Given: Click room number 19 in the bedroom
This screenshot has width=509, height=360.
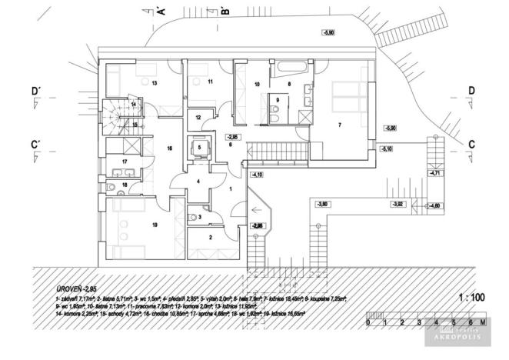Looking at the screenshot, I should (155, 225).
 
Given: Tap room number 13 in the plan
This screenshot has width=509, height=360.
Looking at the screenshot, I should (154, 82).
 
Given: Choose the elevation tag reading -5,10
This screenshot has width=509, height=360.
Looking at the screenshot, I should (388, 148).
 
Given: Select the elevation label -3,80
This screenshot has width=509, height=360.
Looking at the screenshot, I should (322, 204).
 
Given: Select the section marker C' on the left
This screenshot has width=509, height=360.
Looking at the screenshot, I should (35, 144).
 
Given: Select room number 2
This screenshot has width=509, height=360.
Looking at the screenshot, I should (211, 238).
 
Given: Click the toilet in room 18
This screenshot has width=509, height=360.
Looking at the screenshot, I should (113, 187).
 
